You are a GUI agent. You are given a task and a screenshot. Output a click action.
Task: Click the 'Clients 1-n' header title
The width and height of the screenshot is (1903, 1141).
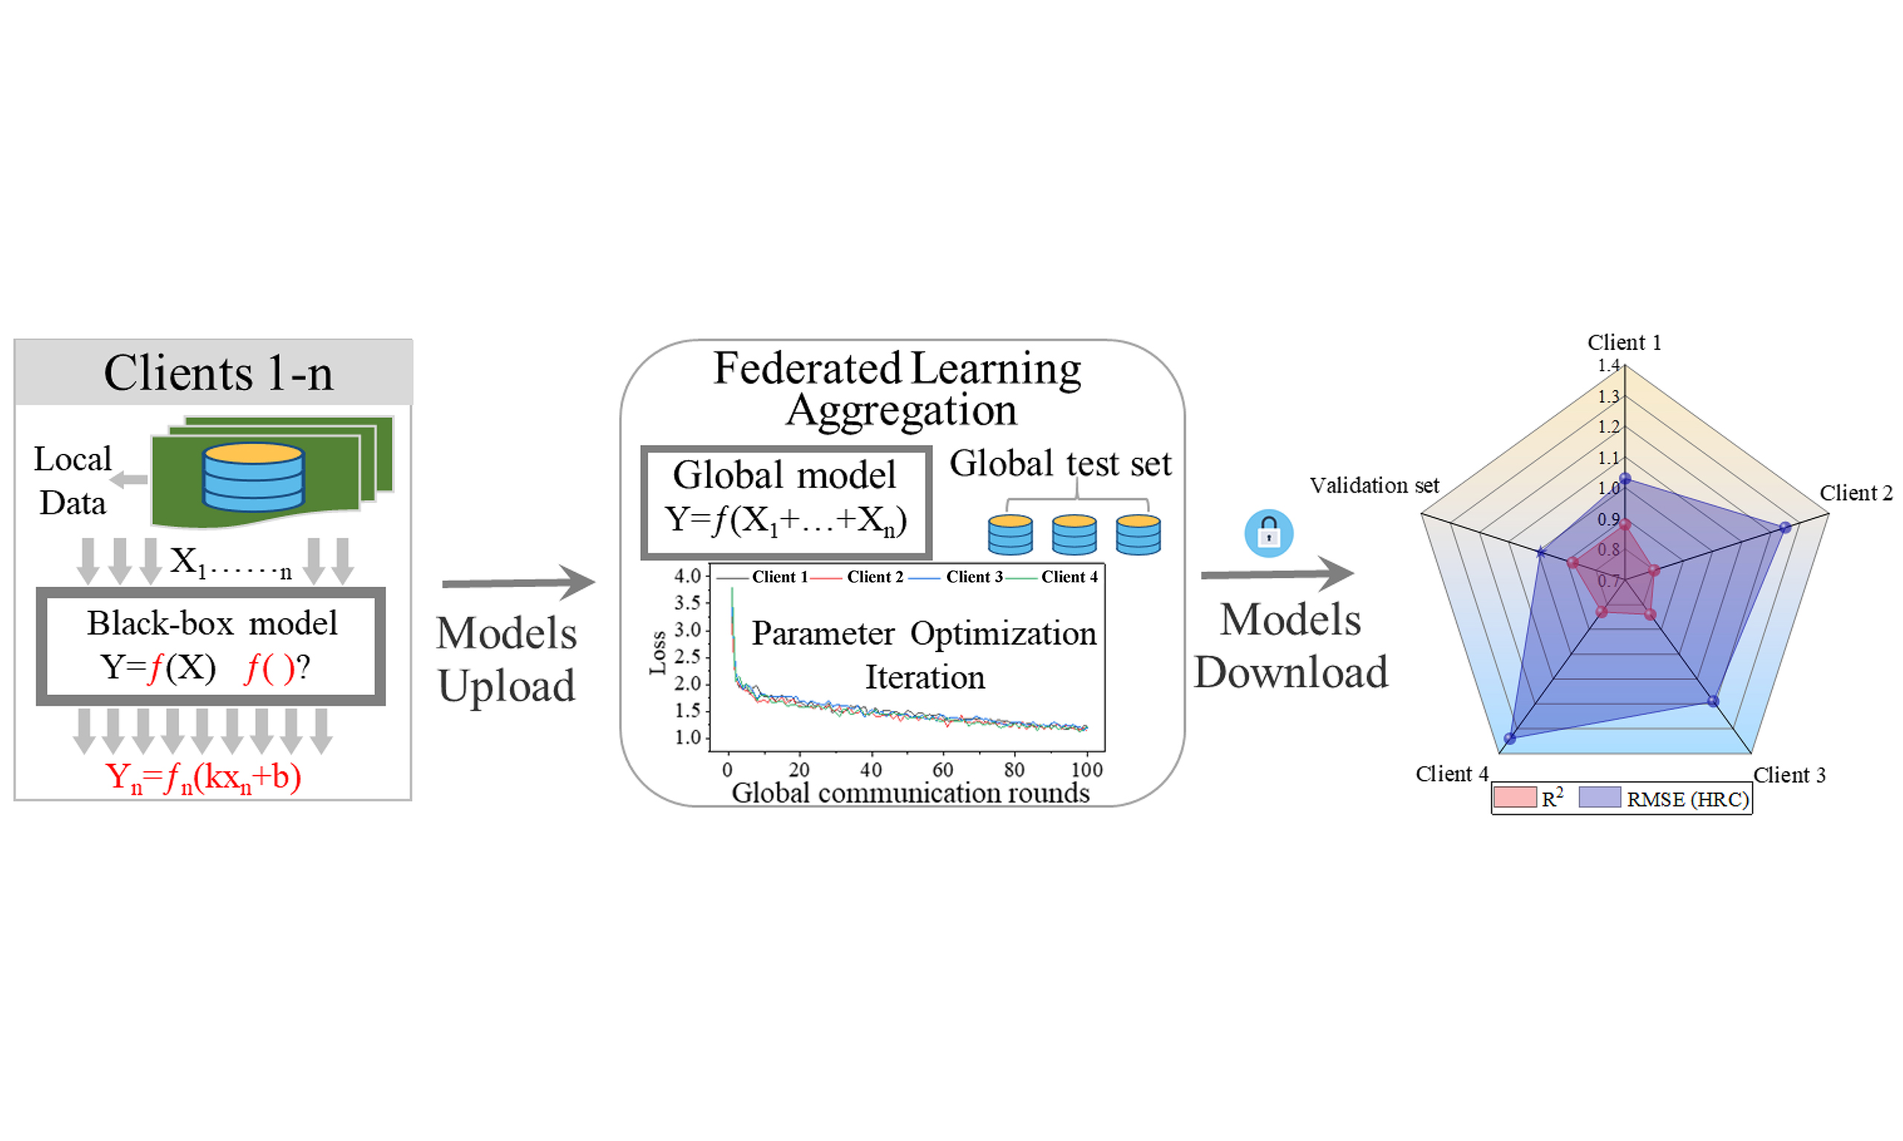coord(219,374)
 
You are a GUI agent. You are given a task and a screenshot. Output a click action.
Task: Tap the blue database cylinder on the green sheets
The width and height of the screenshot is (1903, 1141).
coord(253,477)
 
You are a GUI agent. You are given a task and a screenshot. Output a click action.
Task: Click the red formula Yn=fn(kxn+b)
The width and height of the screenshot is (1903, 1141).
coord(203,776)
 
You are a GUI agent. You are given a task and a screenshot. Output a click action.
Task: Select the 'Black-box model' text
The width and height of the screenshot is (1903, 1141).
coord(213,622)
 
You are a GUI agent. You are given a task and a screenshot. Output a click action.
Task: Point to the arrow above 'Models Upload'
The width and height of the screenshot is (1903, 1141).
coord(518,583)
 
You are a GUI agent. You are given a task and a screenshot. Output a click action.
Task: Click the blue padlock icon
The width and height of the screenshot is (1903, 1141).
coord(1268,533)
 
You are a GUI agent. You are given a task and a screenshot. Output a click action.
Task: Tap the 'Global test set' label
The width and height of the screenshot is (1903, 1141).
coord(1060,464)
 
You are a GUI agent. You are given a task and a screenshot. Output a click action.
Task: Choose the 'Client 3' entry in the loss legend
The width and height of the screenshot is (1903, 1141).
coord(974,576)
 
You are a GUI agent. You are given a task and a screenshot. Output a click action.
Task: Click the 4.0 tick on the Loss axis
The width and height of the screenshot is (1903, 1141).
coord(687,576)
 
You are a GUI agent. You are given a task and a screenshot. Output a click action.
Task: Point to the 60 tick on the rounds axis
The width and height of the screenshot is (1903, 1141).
coord(943,770)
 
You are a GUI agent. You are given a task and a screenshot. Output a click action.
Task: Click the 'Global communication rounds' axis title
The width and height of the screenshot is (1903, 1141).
coord(911,793)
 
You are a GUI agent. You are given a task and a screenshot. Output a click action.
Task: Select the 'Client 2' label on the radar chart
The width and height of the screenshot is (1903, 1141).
coord(1856,493)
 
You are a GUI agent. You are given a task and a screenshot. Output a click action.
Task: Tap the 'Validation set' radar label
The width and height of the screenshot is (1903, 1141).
coord(1374,485)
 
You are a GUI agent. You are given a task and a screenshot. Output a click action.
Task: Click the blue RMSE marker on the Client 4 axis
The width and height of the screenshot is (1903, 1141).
coord(1510,738)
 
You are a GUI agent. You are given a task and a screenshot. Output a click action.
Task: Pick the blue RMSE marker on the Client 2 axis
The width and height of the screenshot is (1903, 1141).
coord(1786,527)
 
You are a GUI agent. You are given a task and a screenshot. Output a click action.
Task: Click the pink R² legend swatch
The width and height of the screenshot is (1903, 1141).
coord(1514,797)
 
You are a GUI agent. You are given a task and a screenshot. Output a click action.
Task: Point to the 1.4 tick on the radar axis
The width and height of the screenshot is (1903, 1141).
coord(1609,365)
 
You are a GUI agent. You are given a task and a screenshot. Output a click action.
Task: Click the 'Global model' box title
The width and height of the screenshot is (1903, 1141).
coord(784,475)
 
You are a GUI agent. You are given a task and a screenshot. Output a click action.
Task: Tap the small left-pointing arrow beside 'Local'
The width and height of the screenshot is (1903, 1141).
coord(129,480)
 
